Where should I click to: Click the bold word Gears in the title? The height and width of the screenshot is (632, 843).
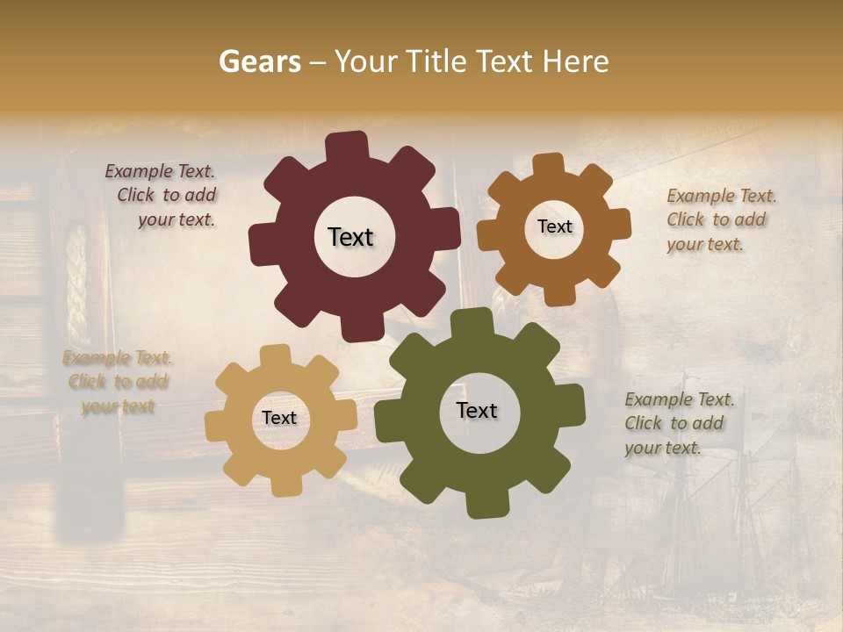pyautogui.click(x=259, y=61)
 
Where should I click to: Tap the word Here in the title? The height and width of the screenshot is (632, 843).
pyautogui.click(x=576, y=61)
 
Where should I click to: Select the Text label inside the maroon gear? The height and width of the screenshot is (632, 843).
pyautogui.click(x=350, y=237)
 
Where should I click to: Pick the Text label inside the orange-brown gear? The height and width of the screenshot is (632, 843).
pyautogui.click(x=554, y=226)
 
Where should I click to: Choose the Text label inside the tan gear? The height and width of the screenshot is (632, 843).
pyautogui.click(x=279, y=419)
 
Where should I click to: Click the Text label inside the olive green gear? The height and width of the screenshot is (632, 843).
pyautogui.click(x=477, y=410)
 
